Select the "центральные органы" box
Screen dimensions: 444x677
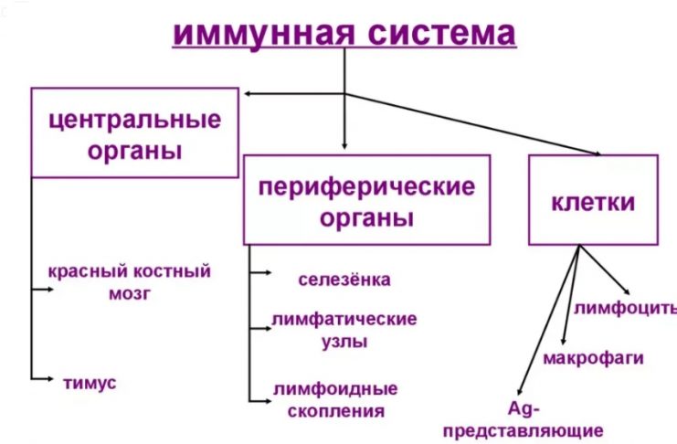pyautogui.click(x=134, y=133)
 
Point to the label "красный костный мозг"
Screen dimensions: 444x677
pyautogui.click(x=130, y=281)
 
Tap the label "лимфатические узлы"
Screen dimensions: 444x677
pyautogui.click(x=344, y=330)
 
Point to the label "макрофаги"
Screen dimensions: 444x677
pyautogui.click(x=593, y=356)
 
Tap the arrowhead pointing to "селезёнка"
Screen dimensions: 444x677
pyautogui.click(x=266, y=272)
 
